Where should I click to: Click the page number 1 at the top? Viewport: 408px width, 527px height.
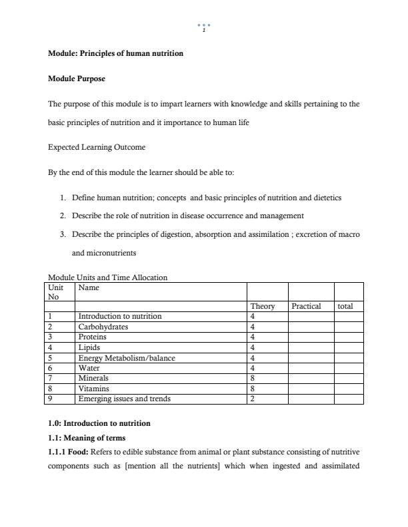point(204,30)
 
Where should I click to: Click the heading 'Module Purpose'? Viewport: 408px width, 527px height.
point(76,79)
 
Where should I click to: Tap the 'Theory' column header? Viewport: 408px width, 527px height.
point(263,306)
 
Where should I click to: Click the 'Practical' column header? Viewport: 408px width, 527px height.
point(306,306)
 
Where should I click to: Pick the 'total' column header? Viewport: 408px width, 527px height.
point(345,306)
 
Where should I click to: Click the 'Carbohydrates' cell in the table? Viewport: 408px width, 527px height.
point(103,327)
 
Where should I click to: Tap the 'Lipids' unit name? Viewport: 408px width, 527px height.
point(89,347)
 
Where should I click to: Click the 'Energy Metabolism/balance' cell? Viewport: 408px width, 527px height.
point(127,358)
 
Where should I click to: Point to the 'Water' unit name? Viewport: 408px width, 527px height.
point(89,368)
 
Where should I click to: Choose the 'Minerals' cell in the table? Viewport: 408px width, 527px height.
point(93,378)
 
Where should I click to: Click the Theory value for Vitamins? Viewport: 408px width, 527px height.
point(253,389)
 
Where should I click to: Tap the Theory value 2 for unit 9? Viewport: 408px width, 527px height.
point(253,399)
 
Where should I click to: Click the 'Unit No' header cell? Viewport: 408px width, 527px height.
point(57,291)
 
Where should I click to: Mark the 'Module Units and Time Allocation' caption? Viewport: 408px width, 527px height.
point(107,277)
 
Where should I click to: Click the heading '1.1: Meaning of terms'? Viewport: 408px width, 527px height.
point(87,438)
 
